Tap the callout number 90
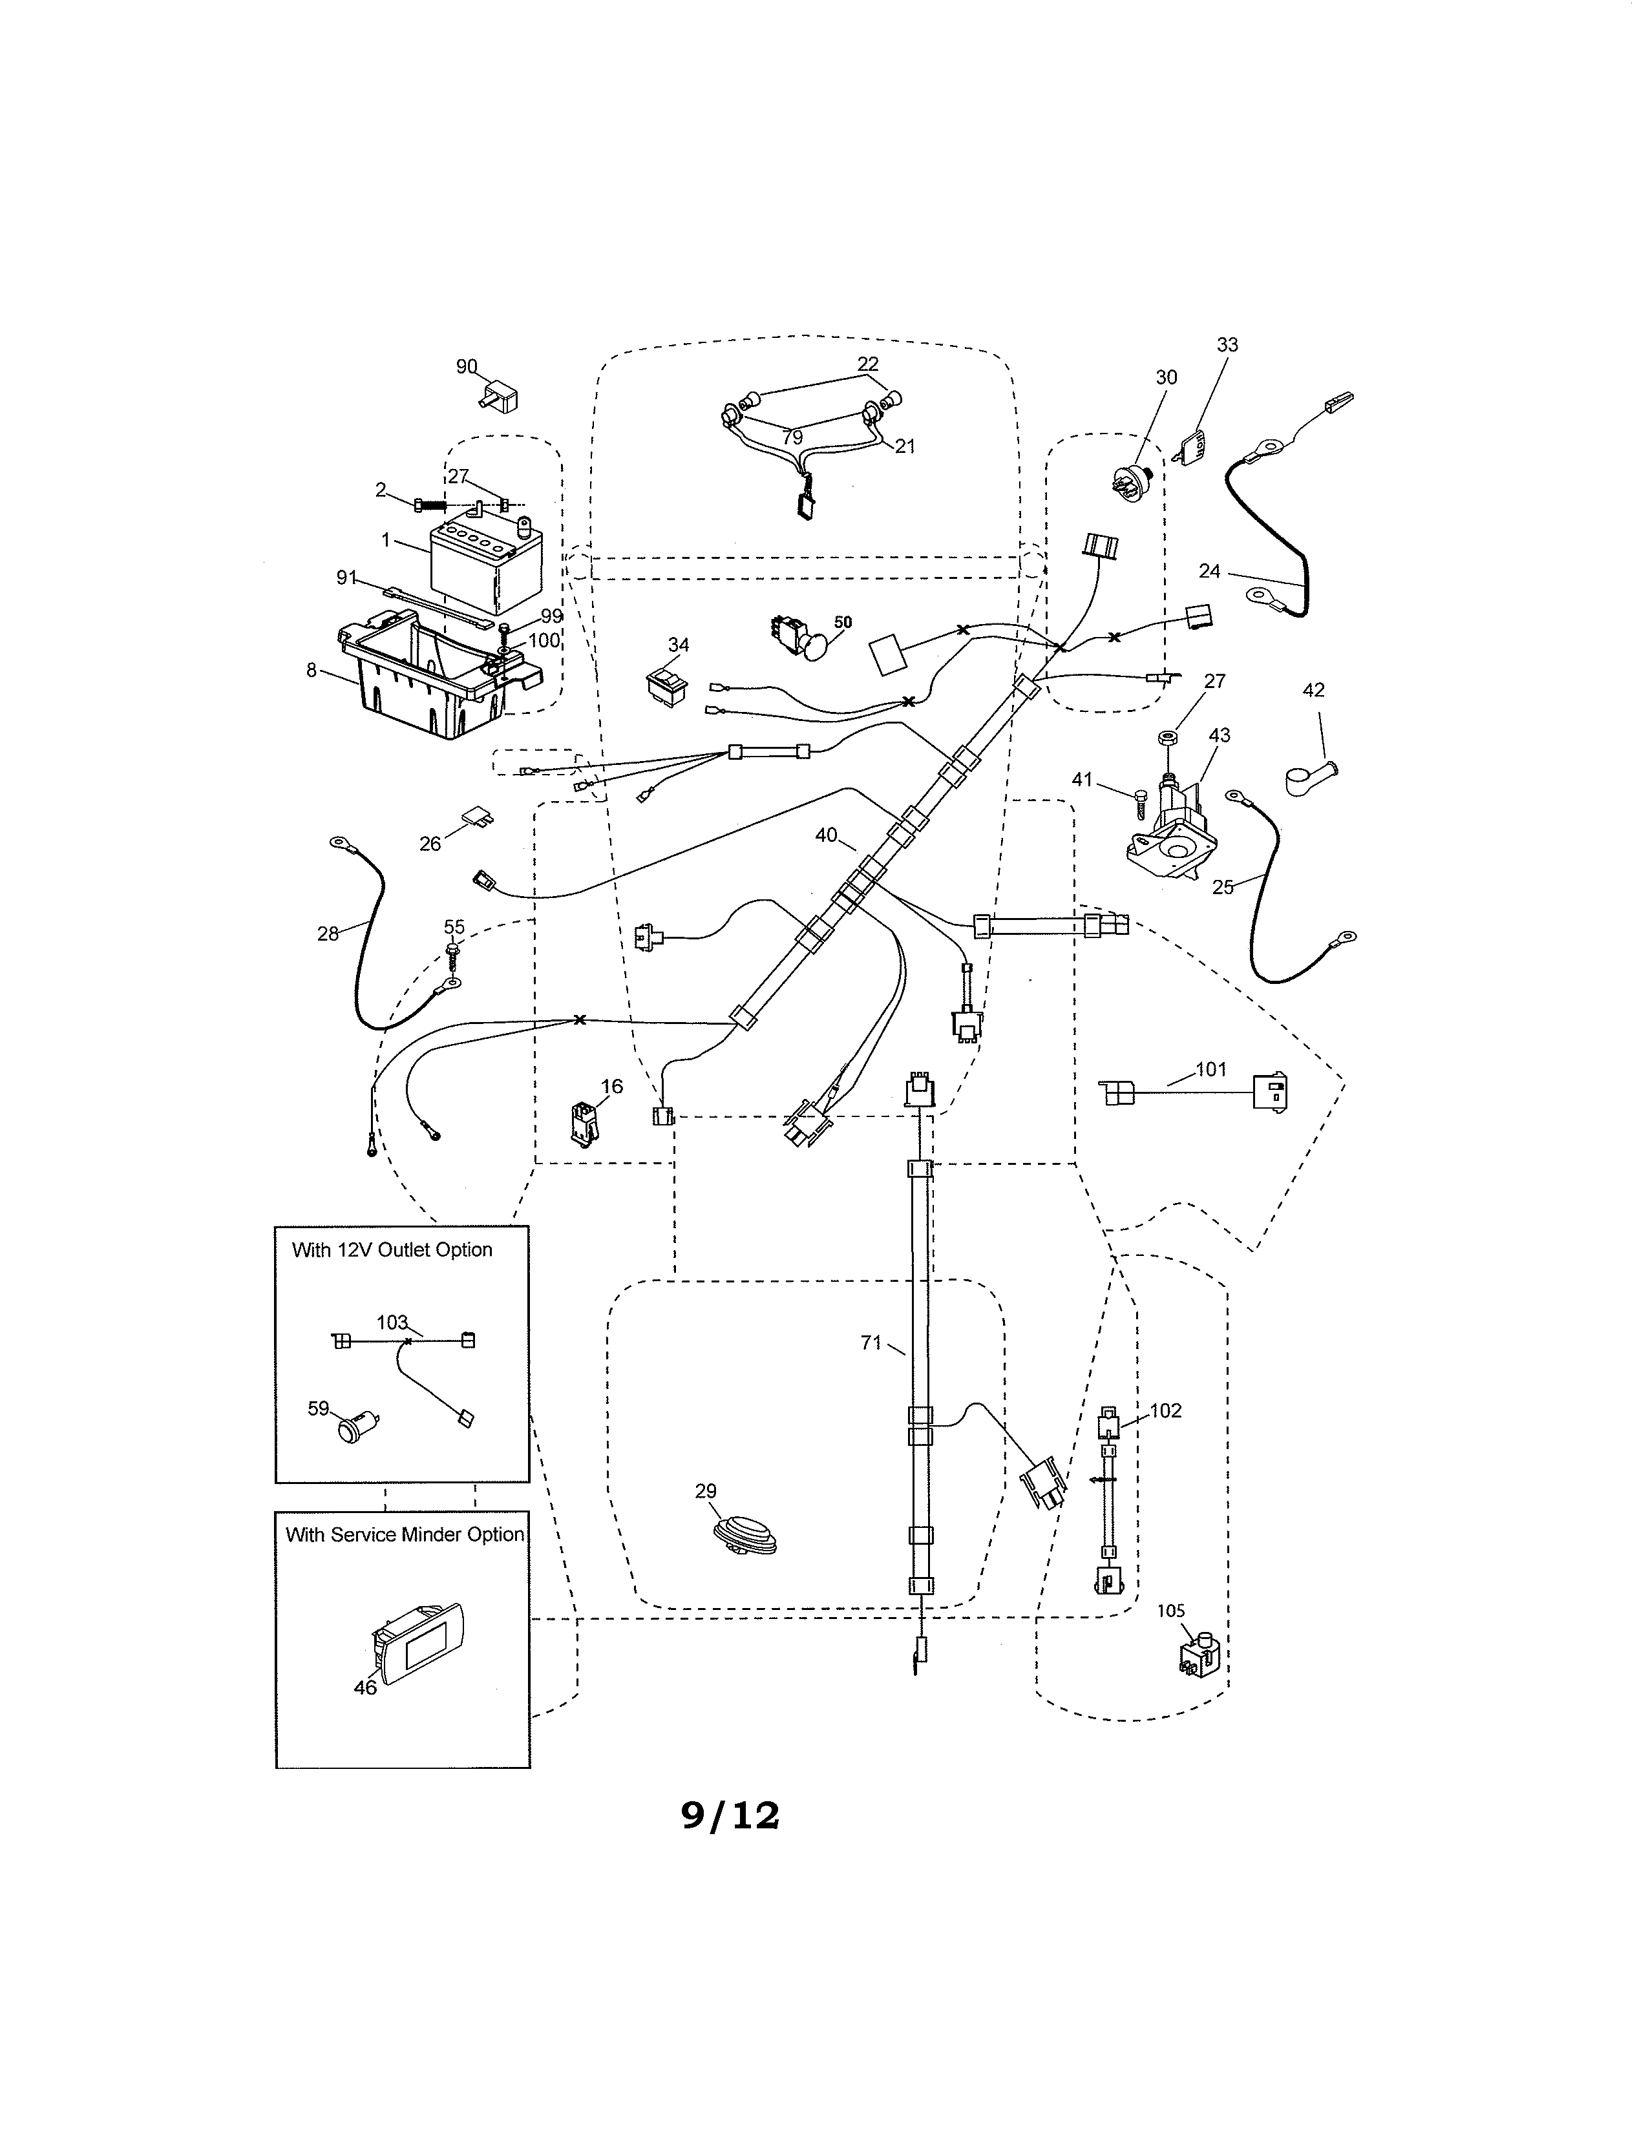(467, 367)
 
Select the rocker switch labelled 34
(665, 685)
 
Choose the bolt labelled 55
(454, 951)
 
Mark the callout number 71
(871, 1343)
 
